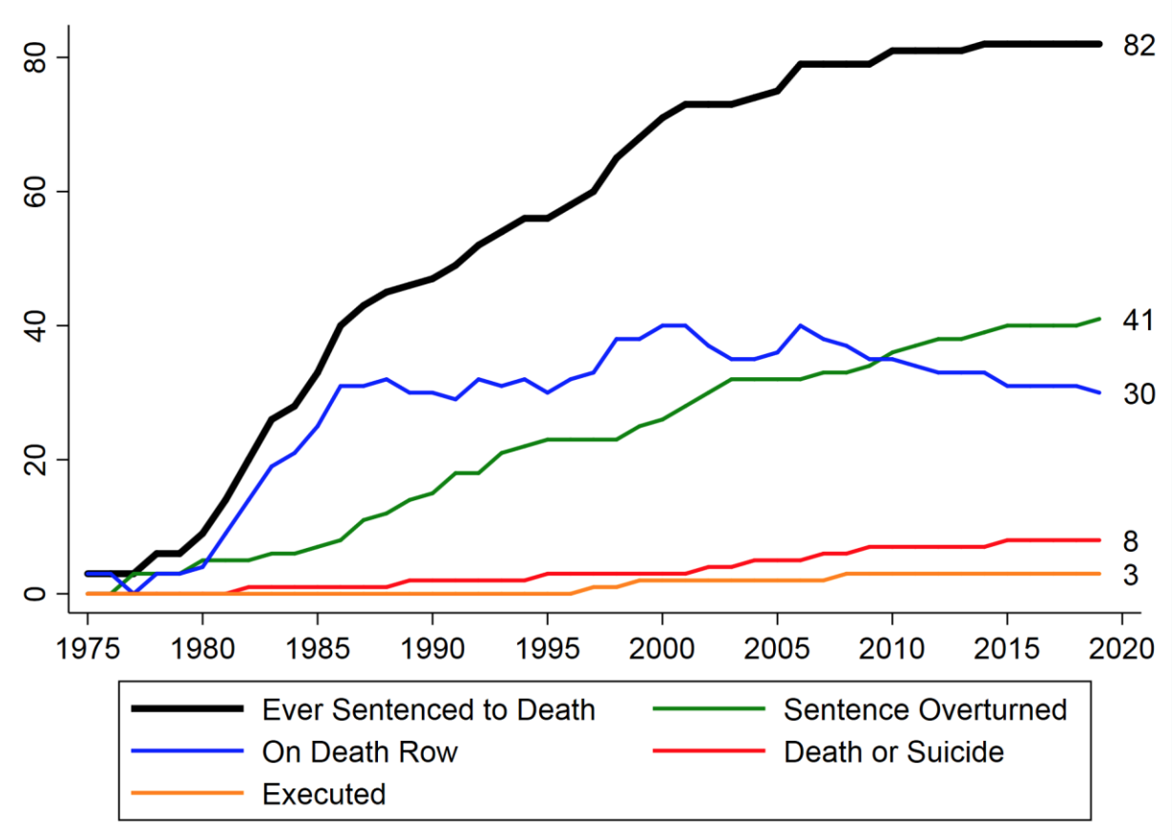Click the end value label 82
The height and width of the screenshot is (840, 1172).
pyautogui.click(x=1139, y=45)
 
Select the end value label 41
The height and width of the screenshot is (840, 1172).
pyautogui.click(x=1139, y=321)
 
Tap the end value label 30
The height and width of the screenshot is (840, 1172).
pyautogui.click(x=1139, y=393)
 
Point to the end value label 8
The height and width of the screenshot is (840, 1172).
pyautogui.click(x=1131, y=541)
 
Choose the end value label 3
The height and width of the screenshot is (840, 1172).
pyautogui.click(x=1131, y=575)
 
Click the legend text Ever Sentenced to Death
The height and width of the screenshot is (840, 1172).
pyautogui.click(x=429, y=710)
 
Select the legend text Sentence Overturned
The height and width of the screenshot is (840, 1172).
pyautogui.click(x=925, y=710)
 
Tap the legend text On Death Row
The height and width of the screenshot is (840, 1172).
pyautogui.click(x=360, y=752)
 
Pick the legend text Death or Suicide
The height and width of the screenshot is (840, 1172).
pyautogui.click(x=893, y=752)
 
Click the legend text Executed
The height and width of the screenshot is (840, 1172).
pyautogui.click(x=324, y=794)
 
